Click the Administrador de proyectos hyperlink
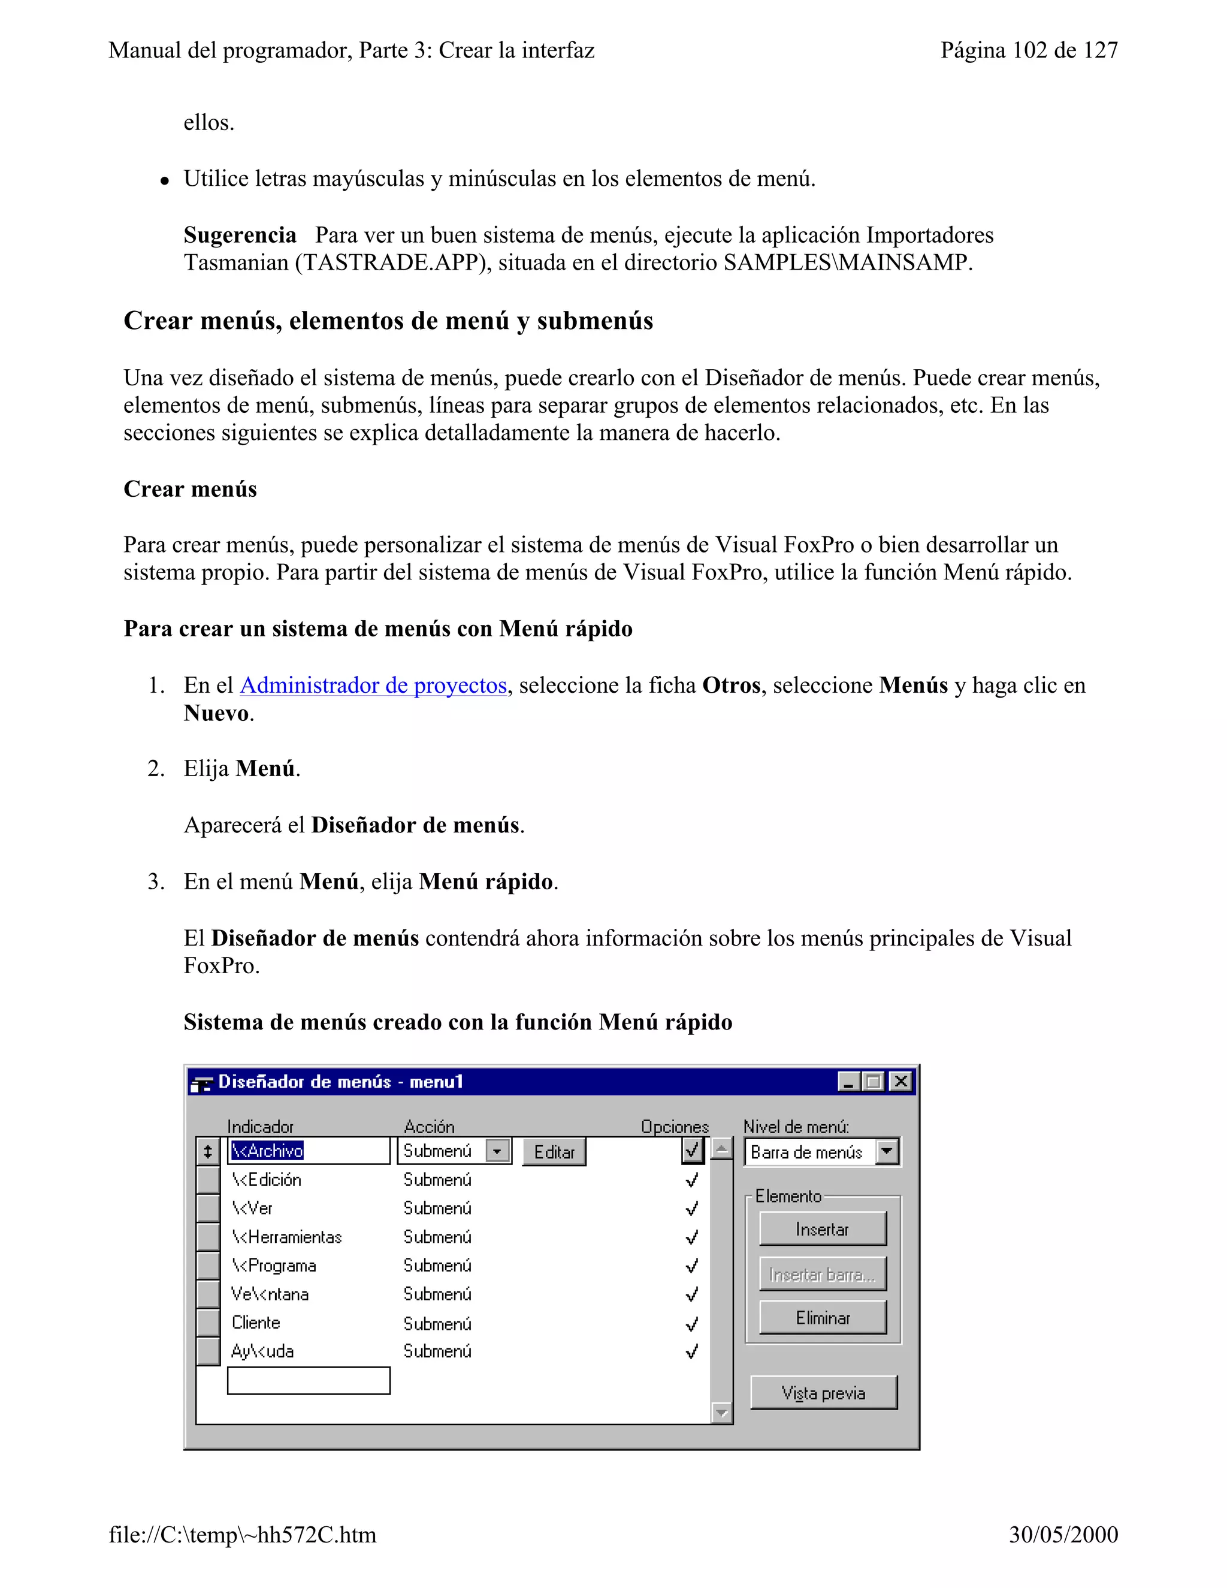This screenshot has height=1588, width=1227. pos(373,686)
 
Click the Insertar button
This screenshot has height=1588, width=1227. pos(822,1229)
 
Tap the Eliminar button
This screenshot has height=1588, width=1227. pos(822,1318)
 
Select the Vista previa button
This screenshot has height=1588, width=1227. pos(823,1393)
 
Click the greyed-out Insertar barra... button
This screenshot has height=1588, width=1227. pos(822,1274)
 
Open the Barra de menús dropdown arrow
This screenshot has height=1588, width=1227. pos(887,1152)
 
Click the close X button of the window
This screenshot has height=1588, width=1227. pos(900,1081)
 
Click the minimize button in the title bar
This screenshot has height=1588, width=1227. pos(848,1081)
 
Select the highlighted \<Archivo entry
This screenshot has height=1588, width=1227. pos(267,1151)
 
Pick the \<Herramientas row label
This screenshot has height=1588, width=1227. pos(286,1237)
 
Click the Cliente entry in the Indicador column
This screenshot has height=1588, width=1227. pos(256,1323)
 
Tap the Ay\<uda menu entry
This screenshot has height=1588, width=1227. pos(262,1351)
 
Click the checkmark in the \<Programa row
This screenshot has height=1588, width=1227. pos(692,1266)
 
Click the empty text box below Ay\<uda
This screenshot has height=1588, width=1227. pos(308,1380)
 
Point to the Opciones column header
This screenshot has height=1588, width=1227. pos(674,1127)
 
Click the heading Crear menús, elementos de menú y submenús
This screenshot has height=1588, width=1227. pos(388,321)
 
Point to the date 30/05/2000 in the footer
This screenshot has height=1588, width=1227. pos(1063,1534)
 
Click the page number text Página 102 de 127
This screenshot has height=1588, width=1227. pos(1029,50)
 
